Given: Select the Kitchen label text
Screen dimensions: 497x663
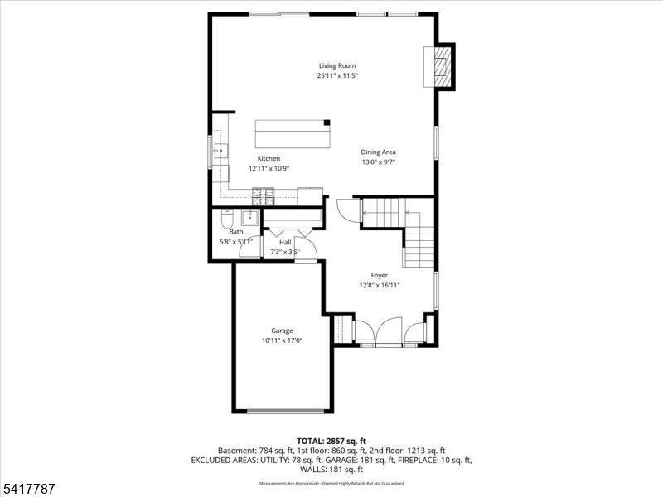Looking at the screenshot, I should pos(269,158).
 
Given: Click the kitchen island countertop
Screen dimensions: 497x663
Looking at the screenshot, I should pos(292,133).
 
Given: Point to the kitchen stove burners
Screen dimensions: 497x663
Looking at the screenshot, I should pos(264,196).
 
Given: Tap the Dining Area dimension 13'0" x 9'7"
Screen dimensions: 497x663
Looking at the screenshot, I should pos(378,162).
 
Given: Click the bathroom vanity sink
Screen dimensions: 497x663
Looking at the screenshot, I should pos(249,219).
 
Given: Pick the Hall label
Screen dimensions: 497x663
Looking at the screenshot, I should pos(285,243).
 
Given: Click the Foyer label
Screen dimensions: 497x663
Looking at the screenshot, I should pos(379,275).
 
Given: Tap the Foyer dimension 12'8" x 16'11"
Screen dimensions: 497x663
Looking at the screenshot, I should pos(379,285).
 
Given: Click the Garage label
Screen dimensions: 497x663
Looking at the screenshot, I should pos(282,331).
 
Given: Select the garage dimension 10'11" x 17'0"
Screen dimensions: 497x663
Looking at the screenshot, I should pos(282,340).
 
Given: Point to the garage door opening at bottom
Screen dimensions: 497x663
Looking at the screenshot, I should pos(283,411).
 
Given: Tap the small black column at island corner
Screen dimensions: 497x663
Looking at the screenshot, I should pos(327,123).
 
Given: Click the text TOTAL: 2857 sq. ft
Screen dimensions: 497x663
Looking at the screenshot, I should pos(331,440).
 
